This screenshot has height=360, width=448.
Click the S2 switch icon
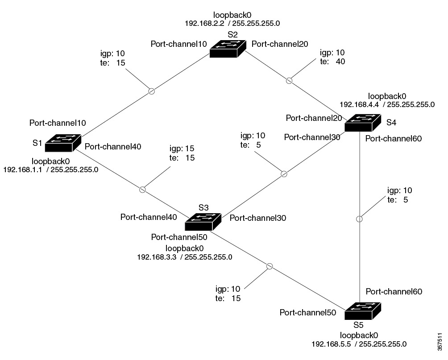pyautogui.click(x=228, y=48)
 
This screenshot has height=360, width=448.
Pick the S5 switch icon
pyautogui.click(x=363, y=310)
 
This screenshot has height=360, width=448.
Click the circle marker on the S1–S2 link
pyautogui.click(x=151, y=91)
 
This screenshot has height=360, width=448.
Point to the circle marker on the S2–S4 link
pyautogui.click(x=289, y=81)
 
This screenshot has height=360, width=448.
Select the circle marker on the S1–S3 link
pyautogui.click(x=142, y=190)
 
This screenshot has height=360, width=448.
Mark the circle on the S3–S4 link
pyautogui.click(x=283, y=174)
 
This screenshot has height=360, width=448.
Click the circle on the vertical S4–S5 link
pyautogui.click(x=359, y=219)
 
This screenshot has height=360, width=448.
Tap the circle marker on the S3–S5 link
pyautogui.click(x=269, y=266)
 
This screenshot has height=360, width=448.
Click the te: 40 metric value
pyautogui.click(x=339, y=61)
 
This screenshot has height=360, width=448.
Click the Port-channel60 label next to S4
pyautogui.click(x=393, y=138)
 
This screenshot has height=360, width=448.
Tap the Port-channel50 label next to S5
pyautogui.click(x=307, y=313)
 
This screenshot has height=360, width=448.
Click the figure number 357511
pyautogui.click(x=441, y=341)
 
